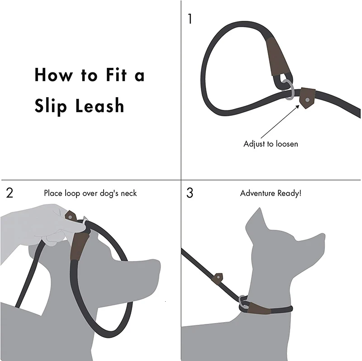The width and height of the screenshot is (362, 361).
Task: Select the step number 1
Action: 190,19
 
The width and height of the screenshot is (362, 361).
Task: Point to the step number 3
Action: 190,193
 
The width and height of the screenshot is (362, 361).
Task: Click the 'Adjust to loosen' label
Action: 271,144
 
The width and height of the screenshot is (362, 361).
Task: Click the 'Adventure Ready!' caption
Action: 271,193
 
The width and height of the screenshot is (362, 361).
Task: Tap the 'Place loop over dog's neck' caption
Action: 90,193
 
